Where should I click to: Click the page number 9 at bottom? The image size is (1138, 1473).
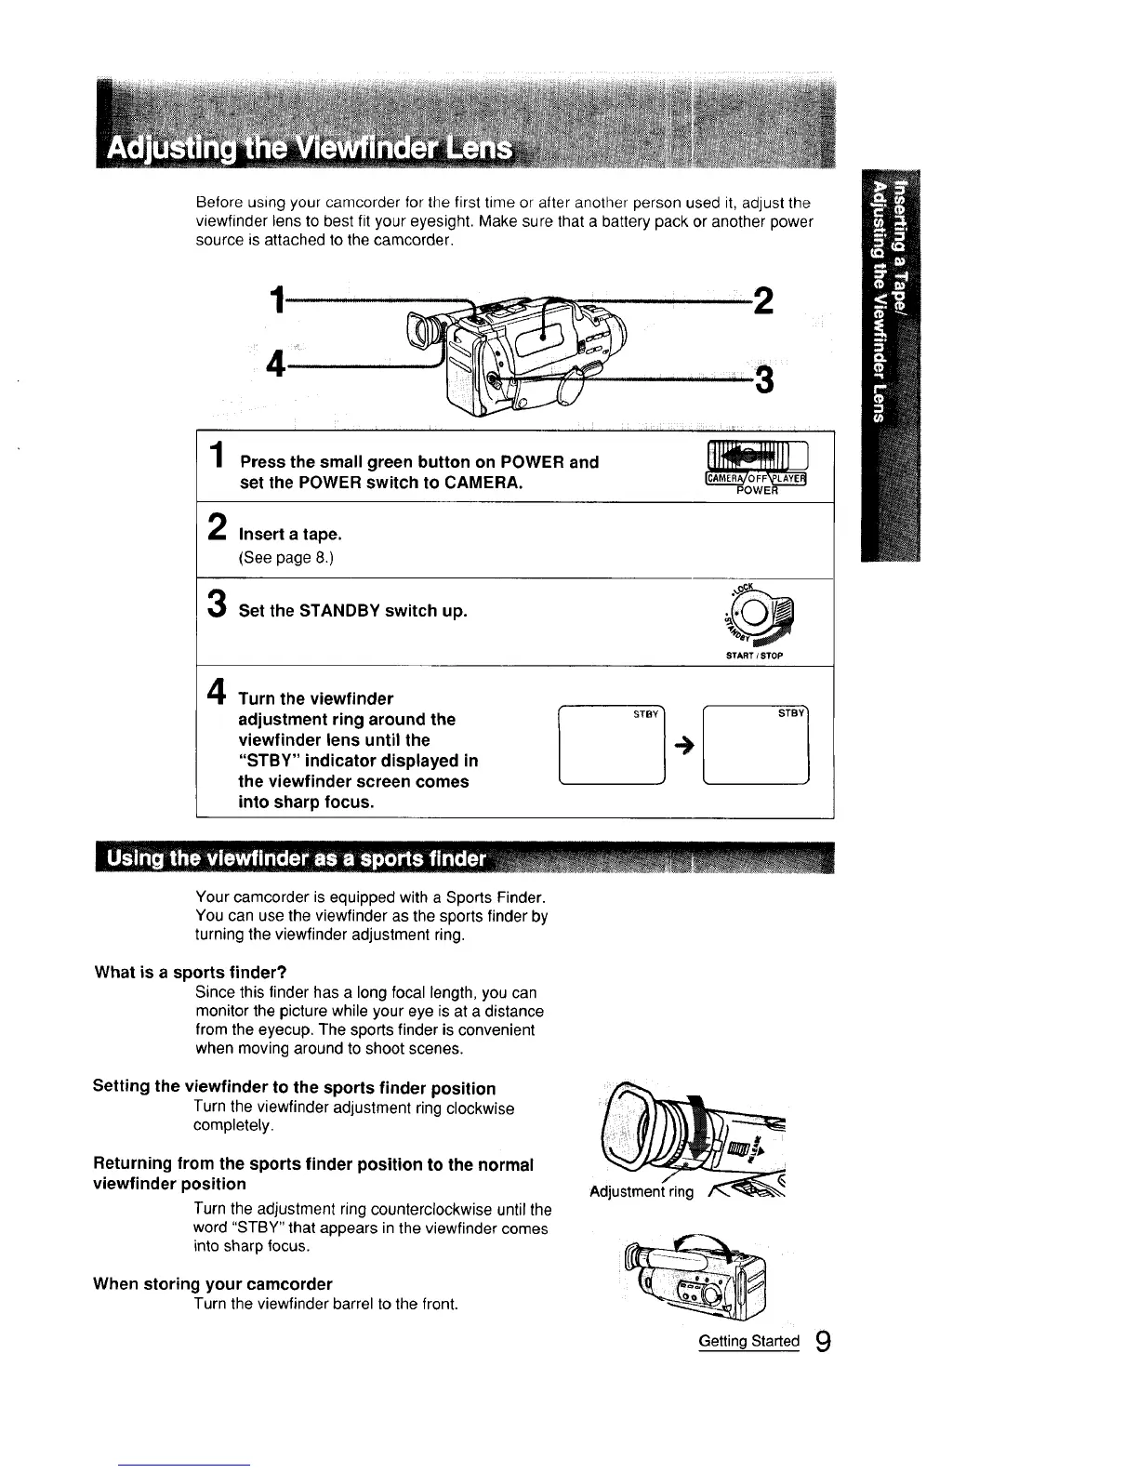click(822, 1342)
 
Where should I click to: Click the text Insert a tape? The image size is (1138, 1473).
click(291, 534)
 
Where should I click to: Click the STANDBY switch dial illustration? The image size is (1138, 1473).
click(759, 616)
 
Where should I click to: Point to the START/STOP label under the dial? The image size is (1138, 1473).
click(755, 656)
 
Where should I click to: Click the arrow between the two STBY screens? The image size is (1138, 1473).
click(683, 752)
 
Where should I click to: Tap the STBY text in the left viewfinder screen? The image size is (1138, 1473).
click(645, 714)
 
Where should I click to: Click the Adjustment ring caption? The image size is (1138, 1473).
click(642, 1192)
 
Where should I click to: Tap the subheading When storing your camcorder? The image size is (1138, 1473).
click(213, 1284)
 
